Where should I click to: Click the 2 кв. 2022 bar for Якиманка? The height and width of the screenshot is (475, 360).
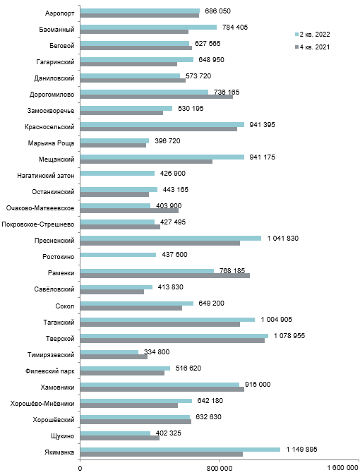(180, 450)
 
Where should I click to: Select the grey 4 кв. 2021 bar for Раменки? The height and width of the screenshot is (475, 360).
(165, 276)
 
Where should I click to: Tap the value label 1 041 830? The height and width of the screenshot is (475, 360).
(283, 239)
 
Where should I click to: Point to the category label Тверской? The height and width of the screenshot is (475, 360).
(60, 338)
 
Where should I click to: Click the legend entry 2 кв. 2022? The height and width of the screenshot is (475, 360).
(313, 35)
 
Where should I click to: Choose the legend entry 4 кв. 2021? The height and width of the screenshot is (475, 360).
(313, 47)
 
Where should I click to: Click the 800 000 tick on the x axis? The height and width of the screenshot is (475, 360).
(220, 469)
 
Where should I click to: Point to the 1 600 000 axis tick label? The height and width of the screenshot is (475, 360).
(343, 469)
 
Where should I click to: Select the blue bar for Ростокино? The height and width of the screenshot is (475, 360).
(118, 255)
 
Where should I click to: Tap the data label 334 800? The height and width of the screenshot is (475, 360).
(157, 352)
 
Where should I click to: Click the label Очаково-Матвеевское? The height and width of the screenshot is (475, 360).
(40, 208)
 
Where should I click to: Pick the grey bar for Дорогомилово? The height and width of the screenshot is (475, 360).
(157, 97)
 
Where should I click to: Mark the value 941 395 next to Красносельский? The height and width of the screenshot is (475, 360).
(262, 125)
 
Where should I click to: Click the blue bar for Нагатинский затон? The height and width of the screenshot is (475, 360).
(118, 174)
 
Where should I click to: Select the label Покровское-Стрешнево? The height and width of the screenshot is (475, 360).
(38, 224)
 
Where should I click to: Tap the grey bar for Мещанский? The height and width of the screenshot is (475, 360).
(146, 162)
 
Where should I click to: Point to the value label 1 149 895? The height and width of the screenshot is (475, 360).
(302, 450)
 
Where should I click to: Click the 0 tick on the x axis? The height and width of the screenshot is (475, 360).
(80, 469)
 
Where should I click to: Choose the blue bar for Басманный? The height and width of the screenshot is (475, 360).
(148, 28)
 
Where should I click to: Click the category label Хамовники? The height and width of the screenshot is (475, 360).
(58, 387)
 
